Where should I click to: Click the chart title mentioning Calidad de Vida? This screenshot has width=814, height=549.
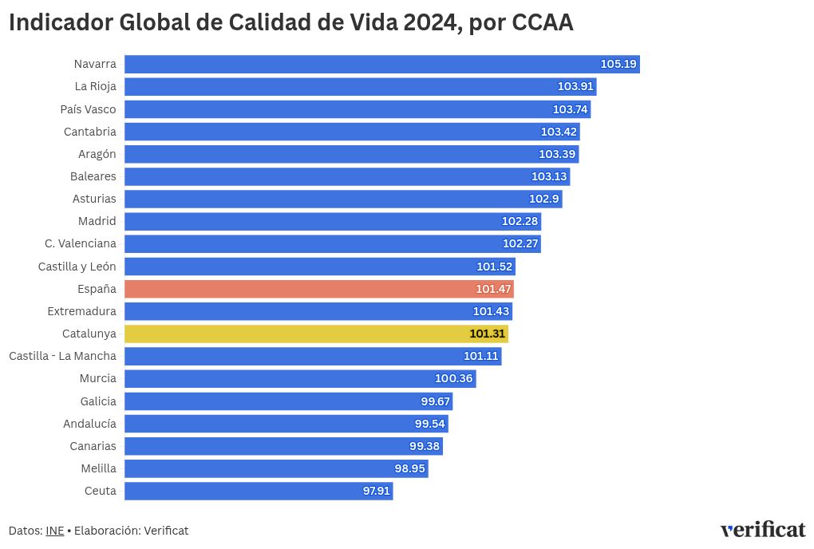click(x=290, y=23)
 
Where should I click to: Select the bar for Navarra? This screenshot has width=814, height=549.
click(x=381, y=64)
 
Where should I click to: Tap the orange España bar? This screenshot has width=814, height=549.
click(x=318, y=289)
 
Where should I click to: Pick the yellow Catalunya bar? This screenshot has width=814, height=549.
click(x=316, y=334)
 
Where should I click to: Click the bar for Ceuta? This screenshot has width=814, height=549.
click(x=259, y=491)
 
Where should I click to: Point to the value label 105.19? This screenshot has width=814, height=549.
click(x=618, y=64)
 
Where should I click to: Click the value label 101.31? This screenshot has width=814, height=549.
click(x=487, y=334)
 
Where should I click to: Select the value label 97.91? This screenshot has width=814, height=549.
click(x=376, y=491)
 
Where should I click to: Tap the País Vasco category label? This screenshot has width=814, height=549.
click(x=88, y=109)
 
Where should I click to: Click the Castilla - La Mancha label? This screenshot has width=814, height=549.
click(x=62, y=356)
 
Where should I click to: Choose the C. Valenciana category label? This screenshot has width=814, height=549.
click(x=81, y=243)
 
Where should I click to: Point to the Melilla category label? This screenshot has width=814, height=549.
click(x=98, y=468)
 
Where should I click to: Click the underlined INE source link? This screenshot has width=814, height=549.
click(x=55, y=531)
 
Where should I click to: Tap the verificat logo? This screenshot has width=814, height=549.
click(x=762, y=530)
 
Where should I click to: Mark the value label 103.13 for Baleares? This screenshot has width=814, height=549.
click(x=549, y=176)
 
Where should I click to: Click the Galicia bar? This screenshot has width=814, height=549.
click(x=288, y=401)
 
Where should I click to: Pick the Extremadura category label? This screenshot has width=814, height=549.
click(x=81, y=311)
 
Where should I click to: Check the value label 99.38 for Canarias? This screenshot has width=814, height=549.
click(x=424, y=446)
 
